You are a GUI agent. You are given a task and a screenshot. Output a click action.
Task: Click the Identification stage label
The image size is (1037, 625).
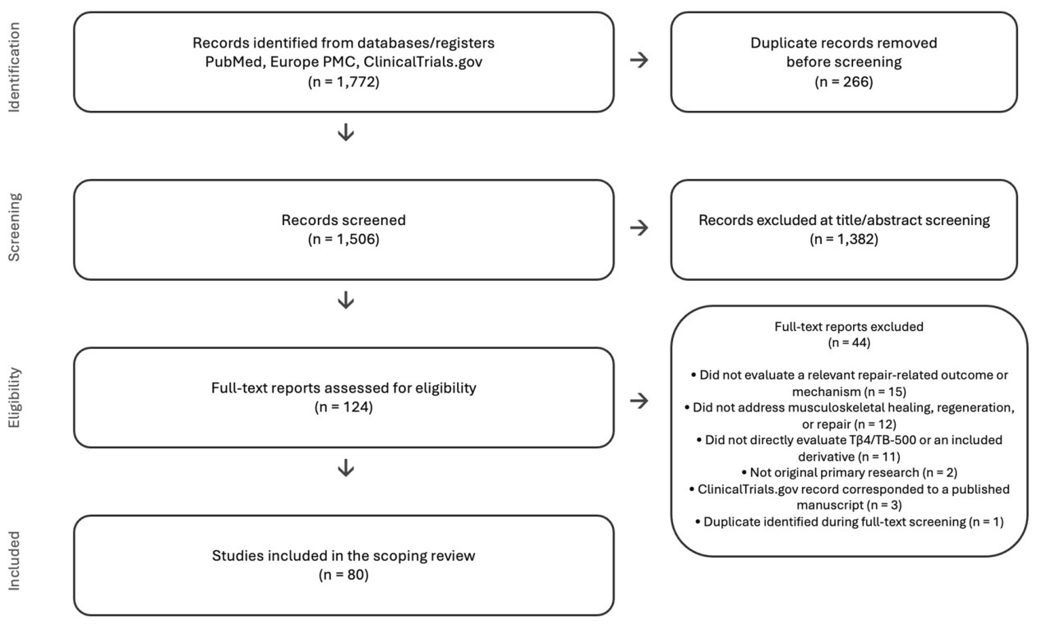[14, 67]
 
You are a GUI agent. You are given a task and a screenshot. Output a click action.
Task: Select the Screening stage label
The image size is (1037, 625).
[14, 227]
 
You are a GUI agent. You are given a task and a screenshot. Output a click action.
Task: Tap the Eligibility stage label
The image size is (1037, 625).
[14, 398]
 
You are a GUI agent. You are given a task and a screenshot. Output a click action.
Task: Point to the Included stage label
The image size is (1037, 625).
[14, 561]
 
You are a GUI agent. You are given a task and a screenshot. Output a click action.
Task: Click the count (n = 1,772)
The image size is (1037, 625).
[343, 82]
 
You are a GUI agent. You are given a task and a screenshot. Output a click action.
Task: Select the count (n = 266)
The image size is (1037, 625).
[844, 82]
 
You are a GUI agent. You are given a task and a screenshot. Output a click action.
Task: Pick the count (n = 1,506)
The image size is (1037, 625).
[343, 239]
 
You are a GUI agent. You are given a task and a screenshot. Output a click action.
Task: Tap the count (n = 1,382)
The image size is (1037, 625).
[844, 239]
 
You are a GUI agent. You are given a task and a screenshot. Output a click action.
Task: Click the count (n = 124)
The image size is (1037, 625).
[343, 407]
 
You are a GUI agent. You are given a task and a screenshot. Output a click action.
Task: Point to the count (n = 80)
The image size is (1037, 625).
[343, 575]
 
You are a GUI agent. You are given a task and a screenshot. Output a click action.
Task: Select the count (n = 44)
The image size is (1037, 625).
[849, 342]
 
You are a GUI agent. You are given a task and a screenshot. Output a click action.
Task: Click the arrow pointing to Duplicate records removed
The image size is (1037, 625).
[638, 60]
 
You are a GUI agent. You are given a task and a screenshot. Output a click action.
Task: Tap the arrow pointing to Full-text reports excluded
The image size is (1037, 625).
[638, 401]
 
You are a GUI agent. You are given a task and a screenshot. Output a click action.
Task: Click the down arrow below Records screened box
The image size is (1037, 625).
[346, 300]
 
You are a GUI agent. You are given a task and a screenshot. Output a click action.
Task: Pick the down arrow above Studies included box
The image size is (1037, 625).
[346, 467]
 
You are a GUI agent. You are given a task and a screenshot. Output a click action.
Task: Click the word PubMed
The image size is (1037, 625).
[234, 62]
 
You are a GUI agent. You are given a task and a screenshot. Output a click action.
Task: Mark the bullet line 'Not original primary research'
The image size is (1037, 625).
[849, 472]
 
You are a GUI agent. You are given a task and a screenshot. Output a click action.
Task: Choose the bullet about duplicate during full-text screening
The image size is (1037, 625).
[849, 522]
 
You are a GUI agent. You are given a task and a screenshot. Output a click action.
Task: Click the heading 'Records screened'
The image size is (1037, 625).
[343, 220]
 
